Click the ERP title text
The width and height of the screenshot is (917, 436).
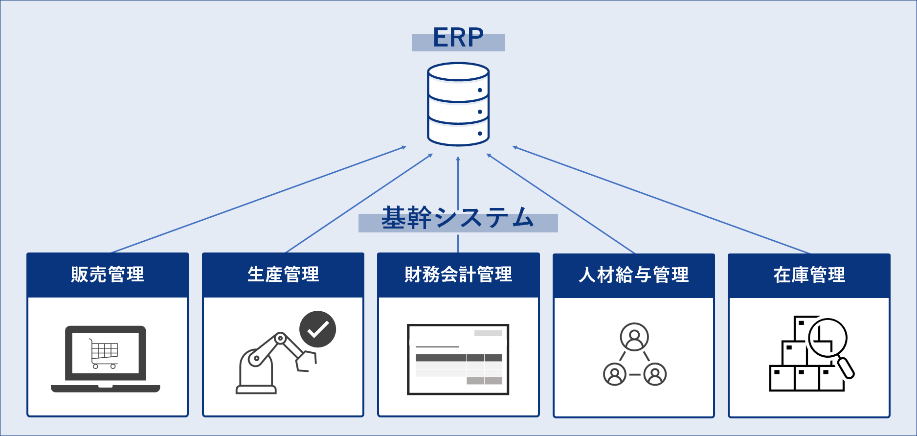click(458, 38)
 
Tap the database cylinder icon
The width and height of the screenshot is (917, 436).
click(458, 104)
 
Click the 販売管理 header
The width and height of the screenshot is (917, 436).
click(108, 275)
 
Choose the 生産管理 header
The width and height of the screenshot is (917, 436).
click(283, 275)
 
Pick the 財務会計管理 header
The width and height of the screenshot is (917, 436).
click(458, 275)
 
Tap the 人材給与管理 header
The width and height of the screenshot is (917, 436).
click(634, 275)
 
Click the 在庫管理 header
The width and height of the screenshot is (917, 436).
click(809, 275)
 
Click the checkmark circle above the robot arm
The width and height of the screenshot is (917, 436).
click(318, 329)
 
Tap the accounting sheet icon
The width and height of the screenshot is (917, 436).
click(458, 359)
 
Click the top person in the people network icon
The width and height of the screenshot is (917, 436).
click(634, 337)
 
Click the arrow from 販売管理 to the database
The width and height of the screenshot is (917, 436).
click(259, 199)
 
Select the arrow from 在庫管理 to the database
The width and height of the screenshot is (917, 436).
click(661, 200)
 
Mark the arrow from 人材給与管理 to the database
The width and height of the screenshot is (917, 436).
click(560, 204)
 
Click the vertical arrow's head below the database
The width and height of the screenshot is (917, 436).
click(458, 159)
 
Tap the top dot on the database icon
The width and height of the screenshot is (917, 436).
click(480, 90)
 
